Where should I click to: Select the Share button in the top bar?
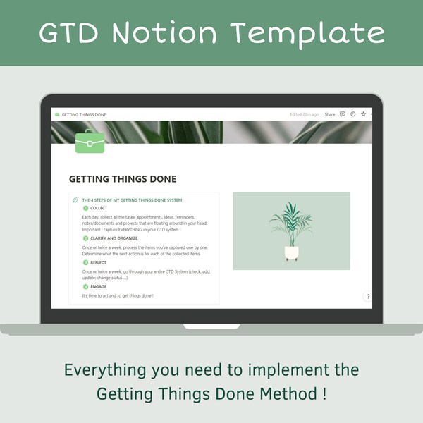[x=329, y=114]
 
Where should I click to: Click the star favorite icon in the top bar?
[x=363, y=114]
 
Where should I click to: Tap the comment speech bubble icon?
[x=343, y=114]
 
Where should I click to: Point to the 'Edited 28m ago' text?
[x=305, y=114]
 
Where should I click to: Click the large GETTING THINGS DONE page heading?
[x=123, y=179]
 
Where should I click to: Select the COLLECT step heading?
[x=99, y=208]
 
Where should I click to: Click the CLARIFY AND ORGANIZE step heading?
[x=114, y=238]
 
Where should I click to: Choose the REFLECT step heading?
[x=99, y=262]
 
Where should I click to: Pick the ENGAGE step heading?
[x=99, y=287]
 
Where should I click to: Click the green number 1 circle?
[x=86, y=208]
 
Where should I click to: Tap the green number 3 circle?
[x=86, y=262]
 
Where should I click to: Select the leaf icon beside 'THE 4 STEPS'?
[x=75, y=200]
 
